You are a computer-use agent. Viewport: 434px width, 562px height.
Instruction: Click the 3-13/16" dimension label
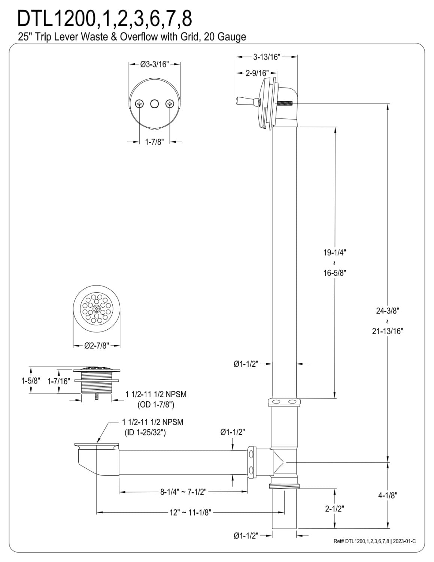pos(267,57)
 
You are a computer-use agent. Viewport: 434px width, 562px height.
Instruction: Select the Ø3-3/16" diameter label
pos(155,64)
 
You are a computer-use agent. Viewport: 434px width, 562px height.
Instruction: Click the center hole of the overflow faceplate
pos(154,104)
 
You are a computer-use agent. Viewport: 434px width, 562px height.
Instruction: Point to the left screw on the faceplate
pos(140,104)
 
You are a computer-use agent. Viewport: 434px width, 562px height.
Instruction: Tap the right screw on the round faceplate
pos(170,104)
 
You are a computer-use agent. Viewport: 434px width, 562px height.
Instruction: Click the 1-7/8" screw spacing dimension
pos(154,142)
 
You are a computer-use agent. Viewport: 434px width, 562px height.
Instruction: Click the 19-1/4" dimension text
pos(335,253)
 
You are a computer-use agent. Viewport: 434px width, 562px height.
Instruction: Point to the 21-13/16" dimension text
pos(388,331)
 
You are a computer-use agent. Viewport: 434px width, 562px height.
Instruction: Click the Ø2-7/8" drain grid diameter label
pos(97,346)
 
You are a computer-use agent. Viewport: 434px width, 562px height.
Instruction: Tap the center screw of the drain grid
pos(97,309)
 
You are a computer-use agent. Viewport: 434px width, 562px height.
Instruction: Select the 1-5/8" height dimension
pos(31,381)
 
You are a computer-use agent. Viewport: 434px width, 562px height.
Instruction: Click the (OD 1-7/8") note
pos(156,405)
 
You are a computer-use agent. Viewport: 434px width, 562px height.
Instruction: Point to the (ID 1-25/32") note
pos(145,433)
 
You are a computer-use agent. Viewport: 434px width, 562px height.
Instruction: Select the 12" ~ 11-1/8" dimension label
pos(191,512)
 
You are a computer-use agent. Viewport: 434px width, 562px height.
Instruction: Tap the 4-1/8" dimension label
pos(388,496)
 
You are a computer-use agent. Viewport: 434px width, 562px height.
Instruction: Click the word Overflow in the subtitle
pos(139,37)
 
